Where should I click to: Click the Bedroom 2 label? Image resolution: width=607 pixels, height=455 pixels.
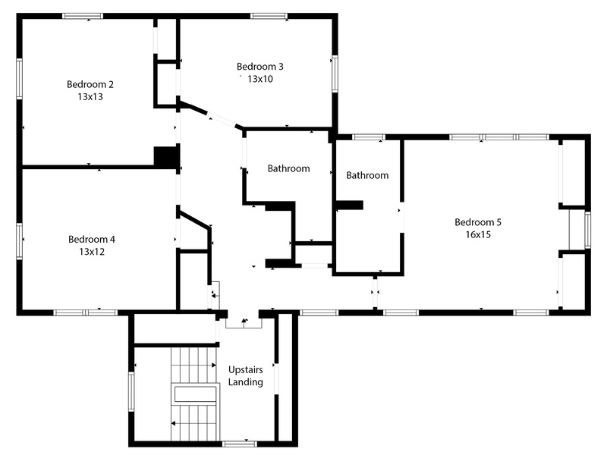click(x=90, y=84)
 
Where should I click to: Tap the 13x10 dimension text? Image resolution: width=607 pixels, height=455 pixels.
click(x=260, y=79)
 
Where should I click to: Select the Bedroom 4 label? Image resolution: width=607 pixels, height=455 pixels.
click(x=92, y=240)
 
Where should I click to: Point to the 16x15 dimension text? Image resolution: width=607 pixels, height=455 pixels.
click(x=478, y=234)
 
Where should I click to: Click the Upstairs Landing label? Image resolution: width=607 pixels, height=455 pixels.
click(x=245, y=375)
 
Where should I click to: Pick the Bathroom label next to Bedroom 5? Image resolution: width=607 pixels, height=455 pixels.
click(x=367, y=175)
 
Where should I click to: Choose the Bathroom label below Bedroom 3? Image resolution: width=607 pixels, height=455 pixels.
click(x=289, y=168)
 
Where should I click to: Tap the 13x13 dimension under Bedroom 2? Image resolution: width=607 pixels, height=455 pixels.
click(x=90, y=97)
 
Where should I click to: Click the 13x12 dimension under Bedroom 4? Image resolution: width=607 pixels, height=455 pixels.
click(x=92, y=252)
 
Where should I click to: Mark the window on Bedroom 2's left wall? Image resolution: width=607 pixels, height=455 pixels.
click(x=19, y=79)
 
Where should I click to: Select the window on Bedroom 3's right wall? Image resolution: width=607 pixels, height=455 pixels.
click(x=335, y=74)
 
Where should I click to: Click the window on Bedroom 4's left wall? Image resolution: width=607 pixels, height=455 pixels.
click(x=19, y=240)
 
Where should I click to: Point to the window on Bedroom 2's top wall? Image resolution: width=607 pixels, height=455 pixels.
click(x=83, y=16)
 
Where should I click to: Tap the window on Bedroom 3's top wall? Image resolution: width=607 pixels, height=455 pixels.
click(x=269, y=16)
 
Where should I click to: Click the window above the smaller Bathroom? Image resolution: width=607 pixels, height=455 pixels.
click(x=368, y=137)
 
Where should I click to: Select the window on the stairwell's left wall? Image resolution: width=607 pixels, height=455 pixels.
click(x=131, y=391)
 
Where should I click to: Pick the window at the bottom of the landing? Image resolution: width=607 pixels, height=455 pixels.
click(x=239, y=444)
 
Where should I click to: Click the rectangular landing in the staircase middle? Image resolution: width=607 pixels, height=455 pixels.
click(x=195, y=394)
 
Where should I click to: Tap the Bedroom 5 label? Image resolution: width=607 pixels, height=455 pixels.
click(x=478, y=222)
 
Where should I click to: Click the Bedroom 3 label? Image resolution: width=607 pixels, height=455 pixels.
click(x=260, y=67)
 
